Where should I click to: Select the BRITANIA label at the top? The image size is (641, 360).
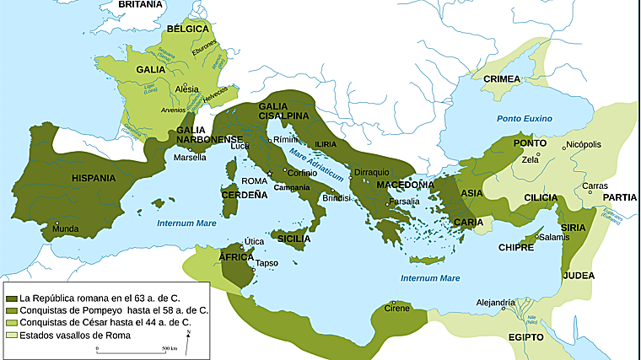coord(140,5)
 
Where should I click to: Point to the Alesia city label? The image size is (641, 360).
coord(186,89)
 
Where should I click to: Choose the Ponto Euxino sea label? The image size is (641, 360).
coord(521,118)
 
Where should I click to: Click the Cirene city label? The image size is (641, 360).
coord(397,309)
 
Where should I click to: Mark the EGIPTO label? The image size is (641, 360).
coord(526,337)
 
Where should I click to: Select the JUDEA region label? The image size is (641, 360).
coord(579,276)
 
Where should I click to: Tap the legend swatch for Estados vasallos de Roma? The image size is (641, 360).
coord(11,336)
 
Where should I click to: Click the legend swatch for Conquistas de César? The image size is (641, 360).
coord(11,323)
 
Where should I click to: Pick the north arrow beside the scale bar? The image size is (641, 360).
coord(188,339)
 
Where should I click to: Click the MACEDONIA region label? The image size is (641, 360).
coord(406,185)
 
